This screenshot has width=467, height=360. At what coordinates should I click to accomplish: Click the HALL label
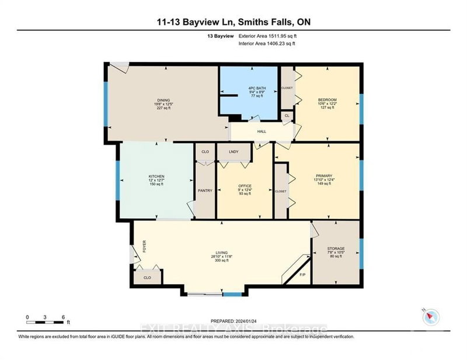point(262,131)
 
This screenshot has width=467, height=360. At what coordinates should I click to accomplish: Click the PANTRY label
point(204,190)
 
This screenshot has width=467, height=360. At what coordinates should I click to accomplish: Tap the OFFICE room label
point(244,186)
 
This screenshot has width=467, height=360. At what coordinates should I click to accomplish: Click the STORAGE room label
point(336,248)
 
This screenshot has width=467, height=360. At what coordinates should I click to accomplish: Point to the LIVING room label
point(221,253)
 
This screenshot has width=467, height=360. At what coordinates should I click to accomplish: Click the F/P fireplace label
point(302,274)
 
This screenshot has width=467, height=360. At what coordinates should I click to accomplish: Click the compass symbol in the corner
point(431,317)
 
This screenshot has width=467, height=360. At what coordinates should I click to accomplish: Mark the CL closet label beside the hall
point(287,116)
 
